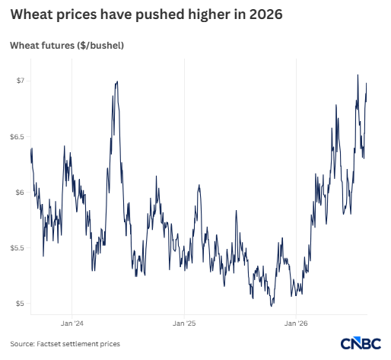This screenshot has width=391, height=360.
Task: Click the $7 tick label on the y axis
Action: tap(20, 81)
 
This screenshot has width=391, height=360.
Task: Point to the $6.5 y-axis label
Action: tap(17, 137)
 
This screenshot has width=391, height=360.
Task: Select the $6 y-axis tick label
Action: tap(20, 192)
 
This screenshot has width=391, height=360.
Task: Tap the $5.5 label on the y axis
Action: tap(17, 248)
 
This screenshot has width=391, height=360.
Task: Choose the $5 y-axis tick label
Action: tap(20, 304)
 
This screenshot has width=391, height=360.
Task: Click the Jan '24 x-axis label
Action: tap(72, 323)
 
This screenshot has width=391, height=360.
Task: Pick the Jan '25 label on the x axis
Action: tap(184, 323)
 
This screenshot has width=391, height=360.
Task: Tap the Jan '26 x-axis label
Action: tap(296, 323)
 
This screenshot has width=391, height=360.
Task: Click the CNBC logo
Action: tap(361, 343)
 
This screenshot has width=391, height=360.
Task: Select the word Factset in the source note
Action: tap(49, 344)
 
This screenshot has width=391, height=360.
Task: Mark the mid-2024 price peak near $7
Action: tap(117, 81)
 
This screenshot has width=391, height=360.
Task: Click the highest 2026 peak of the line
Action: tap(358, 75)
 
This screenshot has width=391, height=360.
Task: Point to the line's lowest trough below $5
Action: tap(272, 306)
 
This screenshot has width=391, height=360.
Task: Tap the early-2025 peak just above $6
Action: tap(199, 185)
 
